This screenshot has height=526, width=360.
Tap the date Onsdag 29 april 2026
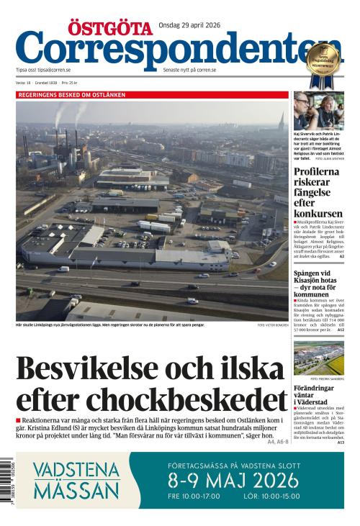[x=189, y=24]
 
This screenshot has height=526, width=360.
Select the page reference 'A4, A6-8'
[x=278, y=442]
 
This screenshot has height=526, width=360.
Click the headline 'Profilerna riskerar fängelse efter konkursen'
[x=318, y=193]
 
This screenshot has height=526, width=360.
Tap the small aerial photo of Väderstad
[x=318, y=357]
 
